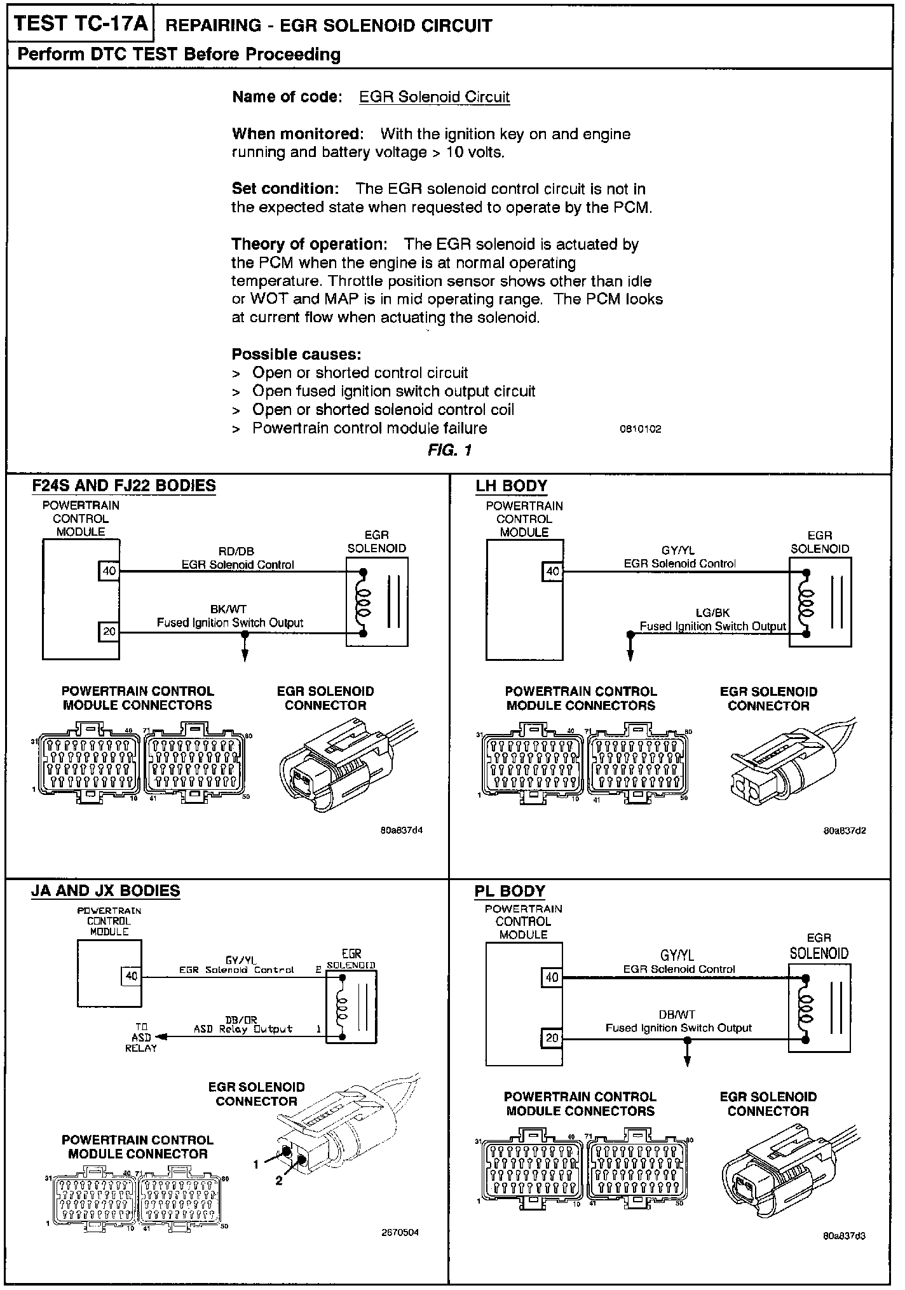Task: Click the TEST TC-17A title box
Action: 81,25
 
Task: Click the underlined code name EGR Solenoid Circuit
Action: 434,97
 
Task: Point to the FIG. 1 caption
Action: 449,450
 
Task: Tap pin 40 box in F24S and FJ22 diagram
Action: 109,571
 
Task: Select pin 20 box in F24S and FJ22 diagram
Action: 109,632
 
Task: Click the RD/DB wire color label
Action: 236,551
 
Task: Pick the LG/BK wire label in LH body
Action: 712,613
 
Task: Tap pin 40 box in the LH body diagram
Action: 553,571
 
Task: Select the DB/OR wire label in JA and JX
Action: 242,1020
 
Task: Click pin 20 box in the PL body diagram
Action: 552,1038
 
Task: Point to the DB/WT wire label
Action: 677,1015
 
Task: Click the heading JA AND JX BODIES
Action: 105,891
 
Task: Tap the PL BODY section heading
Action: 510,891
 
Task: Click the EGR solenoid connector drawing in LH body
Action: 788,763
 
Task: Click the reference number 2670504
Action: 400,1233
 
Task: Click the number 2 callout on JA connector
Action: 278,1180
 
